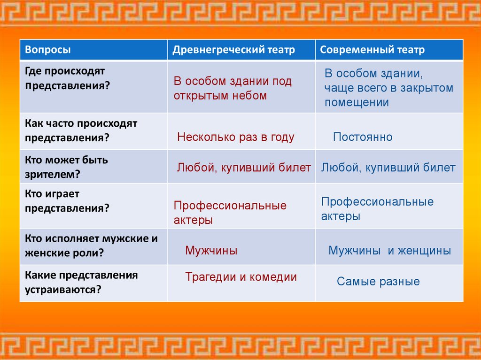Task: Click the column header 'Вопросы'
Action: (x=48, y=50)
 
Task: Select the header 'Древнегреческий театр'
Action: (x=233, y=50)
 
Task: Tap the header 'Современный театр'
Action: (x=372, y=50)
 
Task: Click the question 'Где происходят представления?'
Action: (x=67, y=78)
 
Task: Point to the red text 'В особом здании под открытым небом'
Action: (x=233, y=88)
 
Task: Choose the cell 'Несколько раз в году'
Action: (x=236, y=137)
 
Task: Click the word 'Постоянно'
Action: (x=363, y=137)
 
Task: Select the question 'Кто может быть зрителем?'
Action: (x=66, y=167)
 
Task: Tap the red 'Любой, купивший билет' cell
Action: (x=244, y=168)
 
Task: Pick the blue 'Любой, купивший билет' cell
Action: (x=388, y=168)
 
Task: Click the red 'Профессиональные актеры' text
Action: (x=230, y=213)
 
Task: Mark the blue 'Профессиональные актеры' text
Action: (x=377, y=209)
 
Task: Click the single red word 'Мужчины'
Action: (x=211, y=251)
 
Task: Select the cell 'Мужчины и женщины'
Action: (x=389, y=251)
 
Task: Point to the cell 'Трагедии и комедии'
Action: (x=241, y=277)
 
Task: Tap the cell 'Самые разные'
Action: (x=378, y=282)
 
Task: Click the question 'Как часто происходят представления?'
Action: (x=81, y=130)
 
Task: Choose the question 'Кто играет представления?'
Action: (x=67, y=201)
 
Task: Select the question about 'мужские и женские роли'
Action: (x=91, y=245)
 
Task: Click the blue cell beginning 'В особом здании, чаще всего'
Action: (x=388, y=88)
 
